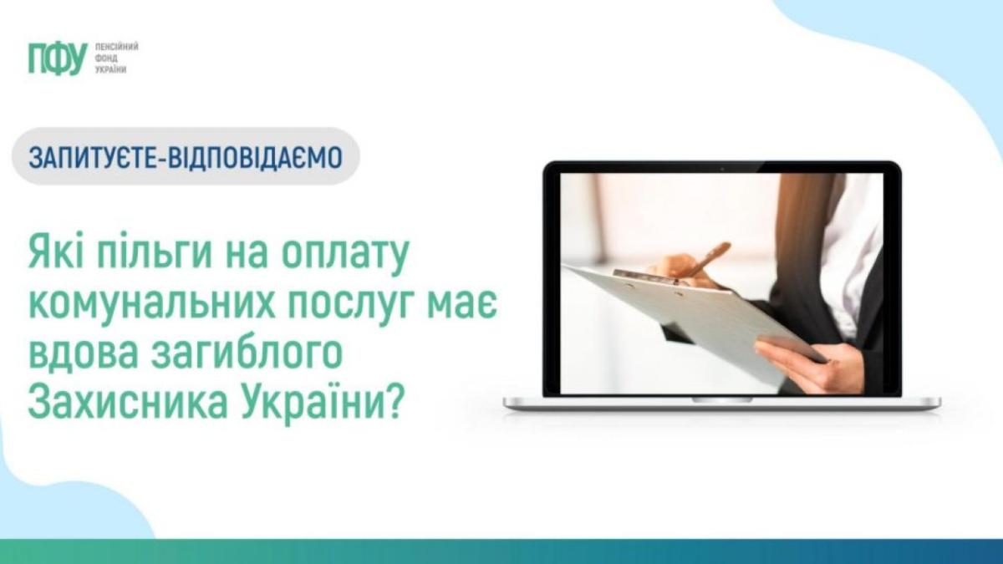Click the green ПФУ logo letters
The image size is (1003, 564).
58,58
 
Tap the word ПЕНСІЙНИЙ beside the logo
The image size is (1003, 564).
116,47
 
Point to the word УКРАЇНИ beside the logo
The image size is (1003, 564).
110,70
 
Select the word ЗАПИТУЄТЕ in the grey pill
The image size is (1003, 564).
91,157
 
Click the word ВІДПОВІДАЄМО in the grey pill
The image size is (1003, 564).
255,157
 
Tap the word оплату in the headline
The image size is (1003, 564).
345,255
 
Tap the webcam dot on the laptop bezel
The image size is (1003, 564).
722,169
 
